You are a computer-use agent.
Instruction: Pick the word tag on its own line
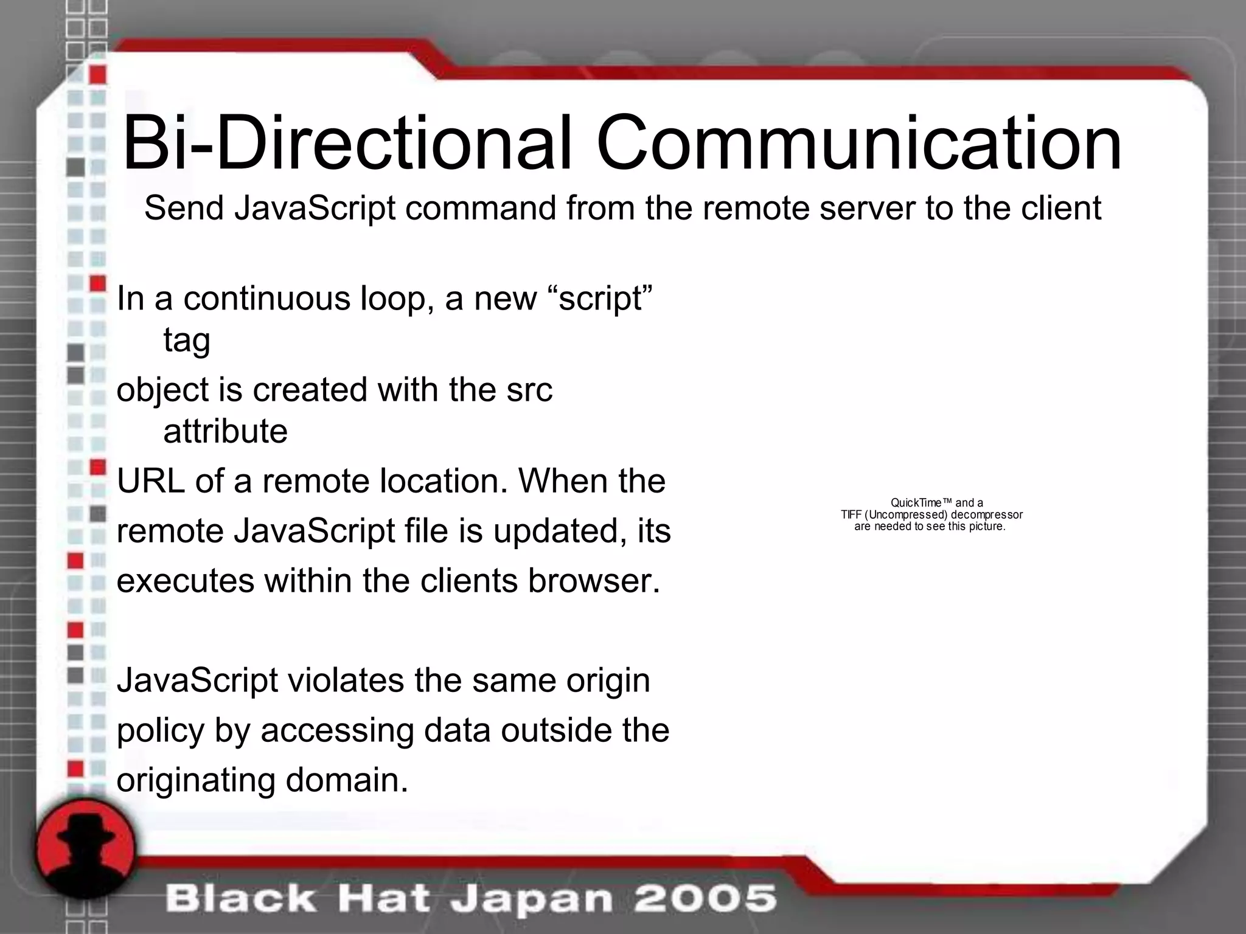[187, 341]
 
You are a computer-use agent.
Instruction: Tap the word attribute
[225, 431]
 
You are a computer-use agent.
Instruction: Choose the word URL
[150, 481]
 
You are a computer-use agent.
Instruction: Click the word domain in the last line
[347, 780]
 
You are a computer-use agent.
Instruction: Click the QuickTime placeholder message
[931, 514]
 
